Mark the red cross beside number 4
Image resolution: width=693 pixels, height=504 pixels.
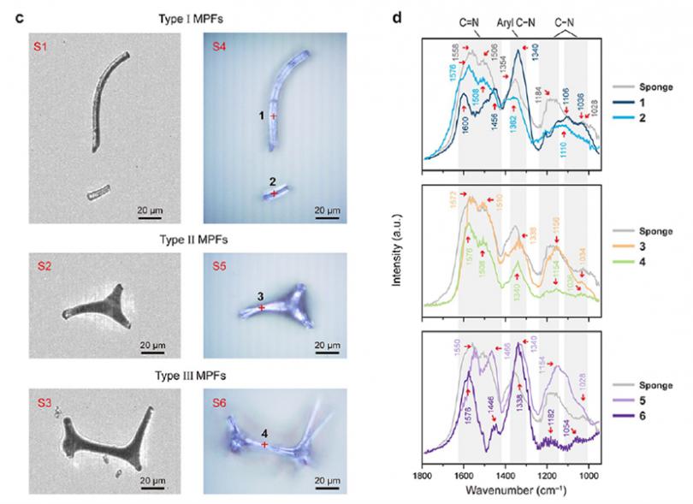pos(264,445)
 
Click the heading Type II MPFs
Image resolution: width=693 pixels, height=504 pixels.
pos(187,238)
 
